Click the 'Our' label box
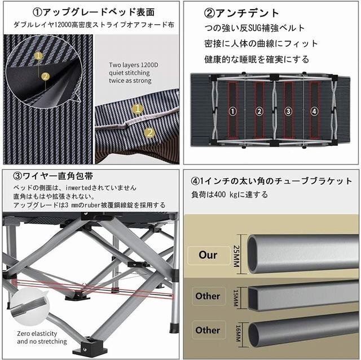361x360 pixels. pyautogui.click(x=209, y=255)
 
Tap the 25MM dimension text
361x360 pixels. pyautogui.click(x=237, y=256)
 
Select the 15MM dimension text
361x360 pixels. pyautogui.click(x=236, y=297)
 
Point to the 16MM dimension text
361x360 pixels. pyautogui.click(x=238, y=333)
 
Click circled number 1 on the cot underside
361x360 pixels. pyautogui.click(x=233, y=112)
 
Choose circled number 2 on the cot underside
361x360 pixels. pyautogui.click(x=259, y=112)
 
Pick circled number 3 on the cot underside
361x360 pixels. pyautogui.click(x=288, y=112)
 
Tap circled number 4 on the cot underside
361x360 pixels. pyautogui.click(x=314, y=112)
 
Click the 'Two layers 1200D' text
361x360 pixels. pyautogui.click(x=134, y=65)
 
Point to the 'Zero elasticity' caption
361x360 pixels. pyautogui.click(x=37, y=334)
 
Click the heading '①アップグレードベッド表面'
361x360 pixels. pyautogui.click(x=94, y=12)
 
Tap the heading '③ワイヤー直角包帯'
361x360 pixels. pyautogui.click(x=53, y=176)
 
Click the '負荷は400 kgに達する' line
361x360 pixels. pyautogui.click(x=230, y=195)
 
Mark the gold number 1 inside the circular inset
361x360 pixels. pyautogui.click(x=38, y=56)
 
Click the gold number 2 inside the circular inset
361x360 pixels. pyautogui.click(x=45, y=76)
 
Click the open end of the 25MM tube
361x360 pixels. pyautogui.click(x=253, y=254)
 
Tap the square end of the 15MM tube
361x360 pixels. pyautogui.click(x=253, y=298)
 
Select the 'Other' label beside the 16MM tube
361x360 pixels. pyautogui.click(x=208, y=330)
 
